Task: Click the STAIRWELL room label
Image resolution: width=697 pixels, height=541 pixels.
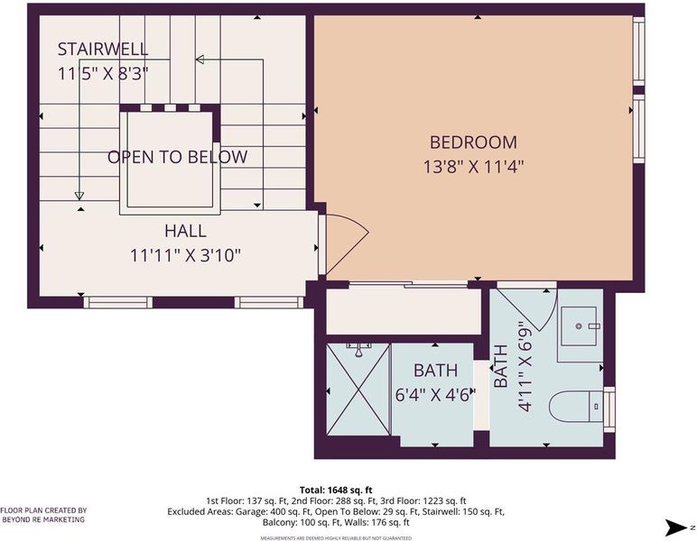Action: [x=103, y=50]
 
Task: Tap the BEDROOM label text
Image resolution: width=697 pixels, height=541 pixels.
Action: [x=473, y=142]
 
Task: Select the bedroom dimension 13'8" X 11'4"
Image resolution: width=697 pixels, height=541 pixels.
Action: [x=473, y=168]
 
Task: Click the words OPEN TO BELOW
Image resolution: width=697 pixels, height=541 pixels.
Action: [x=177, y=157]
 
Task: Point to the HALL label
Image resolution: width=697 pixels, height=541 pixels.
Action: [x=185, y=231]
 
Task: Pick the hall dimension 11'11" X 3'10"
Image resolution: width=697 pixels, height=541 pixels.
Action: [x=185, y=256]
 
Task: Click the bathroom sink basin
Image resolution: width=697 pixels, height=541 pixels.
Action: [x=579, y=326]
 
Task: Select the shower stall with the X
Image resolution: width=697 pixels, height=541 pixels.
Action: [x=358, y=390]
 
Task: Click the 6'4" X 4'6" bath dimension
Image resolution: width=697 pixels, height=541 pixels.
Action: [x=435, y=394]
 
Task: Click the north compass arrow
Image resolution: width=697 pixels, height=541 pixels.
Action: [x=676, y=527]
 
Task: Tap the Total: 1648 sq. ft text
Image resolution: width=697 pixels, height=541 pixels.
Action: [x=336, y=490]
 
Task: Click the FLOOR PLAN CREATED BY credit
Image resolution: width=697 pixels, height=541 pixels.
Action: [x=43, y=511]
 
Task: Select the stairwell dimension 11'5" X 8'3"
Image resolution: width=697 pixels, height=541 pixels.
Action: [x=103, y=74]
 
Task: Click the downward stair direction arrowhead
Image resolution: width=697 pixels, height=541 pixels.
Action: [x=79, y=196]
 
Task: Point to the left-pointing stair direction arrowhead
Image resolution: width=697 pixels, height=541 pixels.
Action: [x=200, y=59]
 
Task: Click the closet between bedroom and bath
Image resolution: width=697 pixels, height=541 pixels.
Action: [x=404, y=311]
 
